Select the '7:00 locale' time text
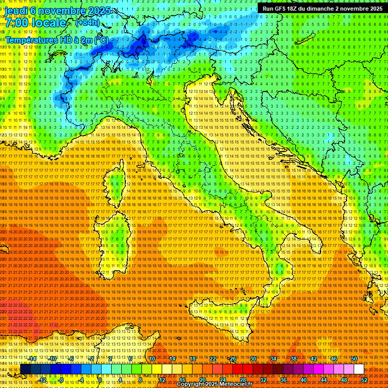click(35, 23)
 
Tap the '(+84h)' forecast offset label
click(87, 23)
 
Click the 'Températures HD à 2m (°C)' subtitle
click(57, 39)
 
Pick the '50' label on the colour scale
click(354, 359)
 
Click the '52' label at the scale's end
click(364, 380)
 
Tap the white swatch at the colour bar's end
click(359, 369)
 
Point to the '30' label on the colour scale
click(253, 359)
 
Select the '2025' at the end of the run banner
click(375, 9)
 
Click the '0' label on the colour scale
click(101, 380)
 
